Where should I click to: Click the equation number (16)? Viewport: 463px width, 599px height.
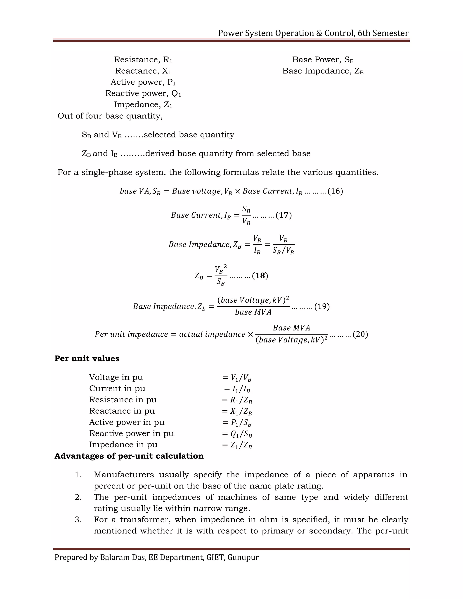coord(335,191)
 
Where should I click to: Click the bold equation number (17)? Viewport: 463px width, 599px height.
coord(284,215)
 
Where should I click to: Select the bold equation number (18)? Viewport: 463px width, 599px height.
coord(260,276)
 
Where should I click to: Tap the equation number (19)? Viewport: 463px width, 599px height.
coord(322,306)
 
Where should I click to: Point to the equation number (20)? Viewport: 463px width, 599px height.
coord(360,334)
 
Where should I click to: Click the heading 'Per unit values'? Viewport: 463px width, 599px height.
coord(87,358)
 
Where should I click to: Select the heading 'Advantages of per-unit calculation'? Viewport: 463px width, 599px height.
coord(129,456)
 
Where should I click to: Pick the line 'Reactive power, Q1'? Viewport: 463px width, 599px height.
coord(143,94)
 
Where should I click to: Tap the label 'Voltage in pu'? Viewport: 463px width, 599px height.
coord(116,377)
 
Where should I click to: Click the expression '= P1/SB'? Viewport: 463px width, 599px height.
coord(237,423)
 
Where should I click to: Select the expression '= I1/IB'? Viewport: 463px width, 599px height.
coord(237,389)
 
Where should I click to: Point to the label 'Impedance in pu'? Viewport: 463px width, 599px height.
coord(123,445)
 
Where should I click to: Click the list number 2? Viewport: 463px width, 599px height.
coord(78,497)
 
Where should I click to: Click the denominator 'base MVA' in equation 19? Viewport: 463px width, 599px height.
coord(253,312)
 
